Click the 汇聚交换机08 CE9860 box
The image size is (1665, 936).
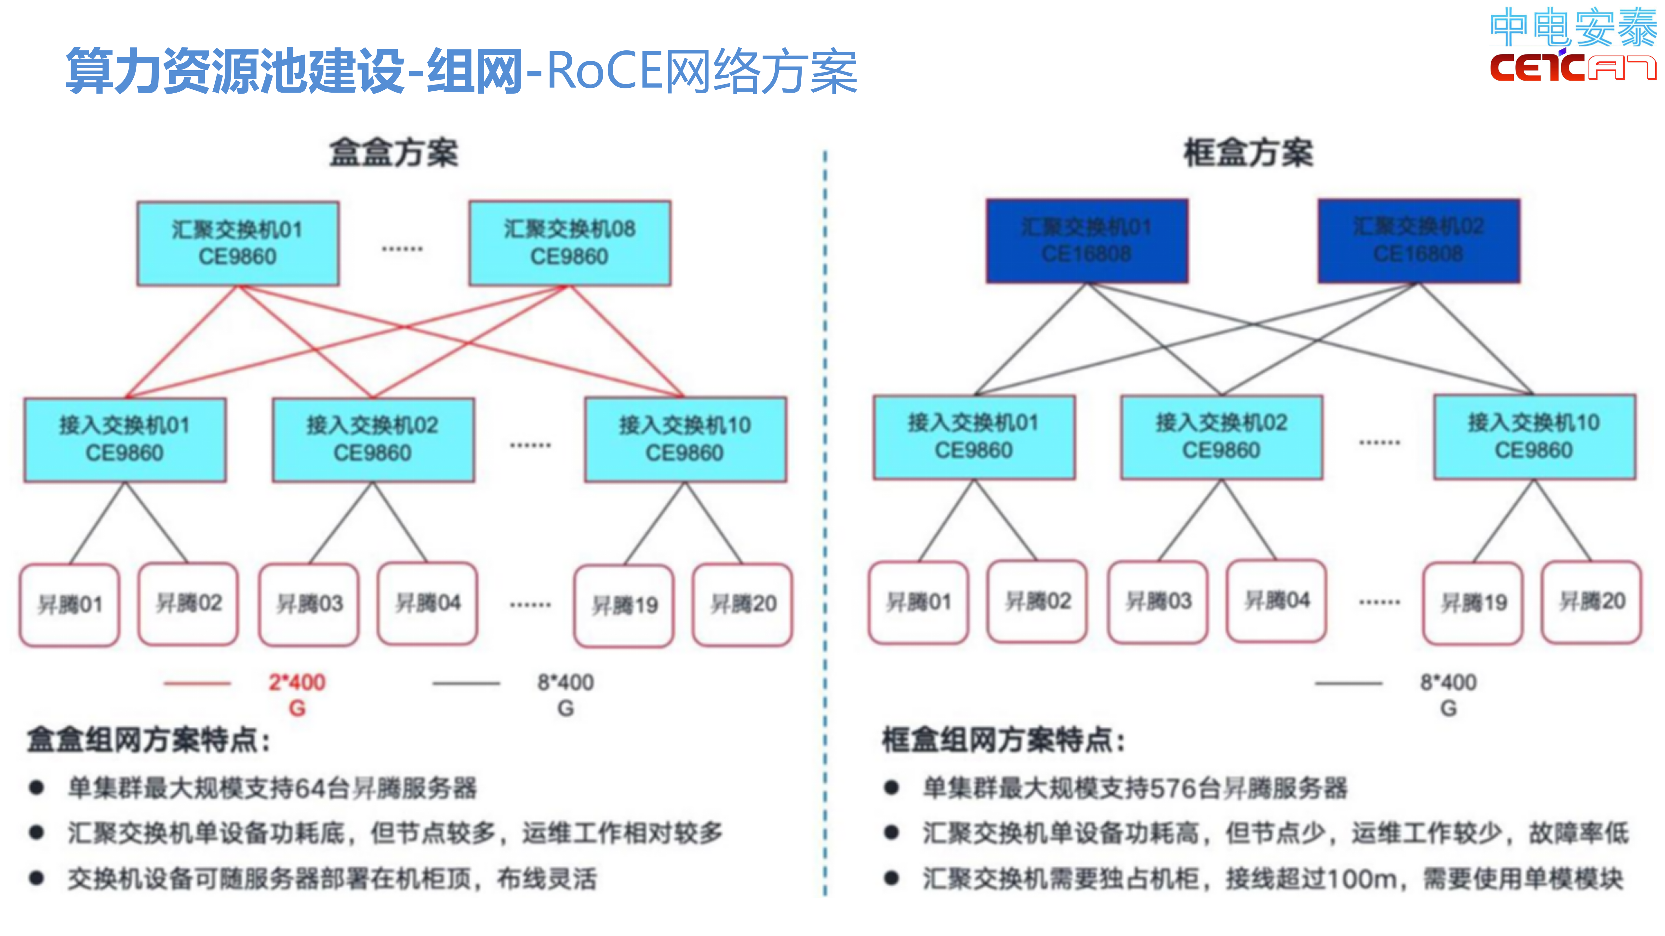[x=569, y=243]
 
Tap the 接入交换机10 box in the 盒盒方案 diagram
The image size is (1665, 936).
[x=685, y=439]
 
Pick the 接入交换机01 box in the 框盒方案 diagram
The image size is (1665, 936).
[x=973, y=437]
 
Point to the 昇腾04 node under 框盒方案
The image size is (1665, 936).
[x=1276, y=601]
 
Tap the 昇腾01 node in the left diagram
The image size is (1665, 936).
[x=70, y=604]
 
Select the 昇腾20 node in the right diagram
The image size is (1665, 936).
[x=1591, y=601]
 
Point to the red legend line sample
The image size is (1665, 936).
[x=197, y=683]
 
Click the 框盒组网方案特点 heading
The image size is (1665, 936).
[x=1003, y=740]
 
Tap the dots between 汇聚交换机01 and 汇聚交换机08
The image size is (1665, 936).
[x=402, y=249]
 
